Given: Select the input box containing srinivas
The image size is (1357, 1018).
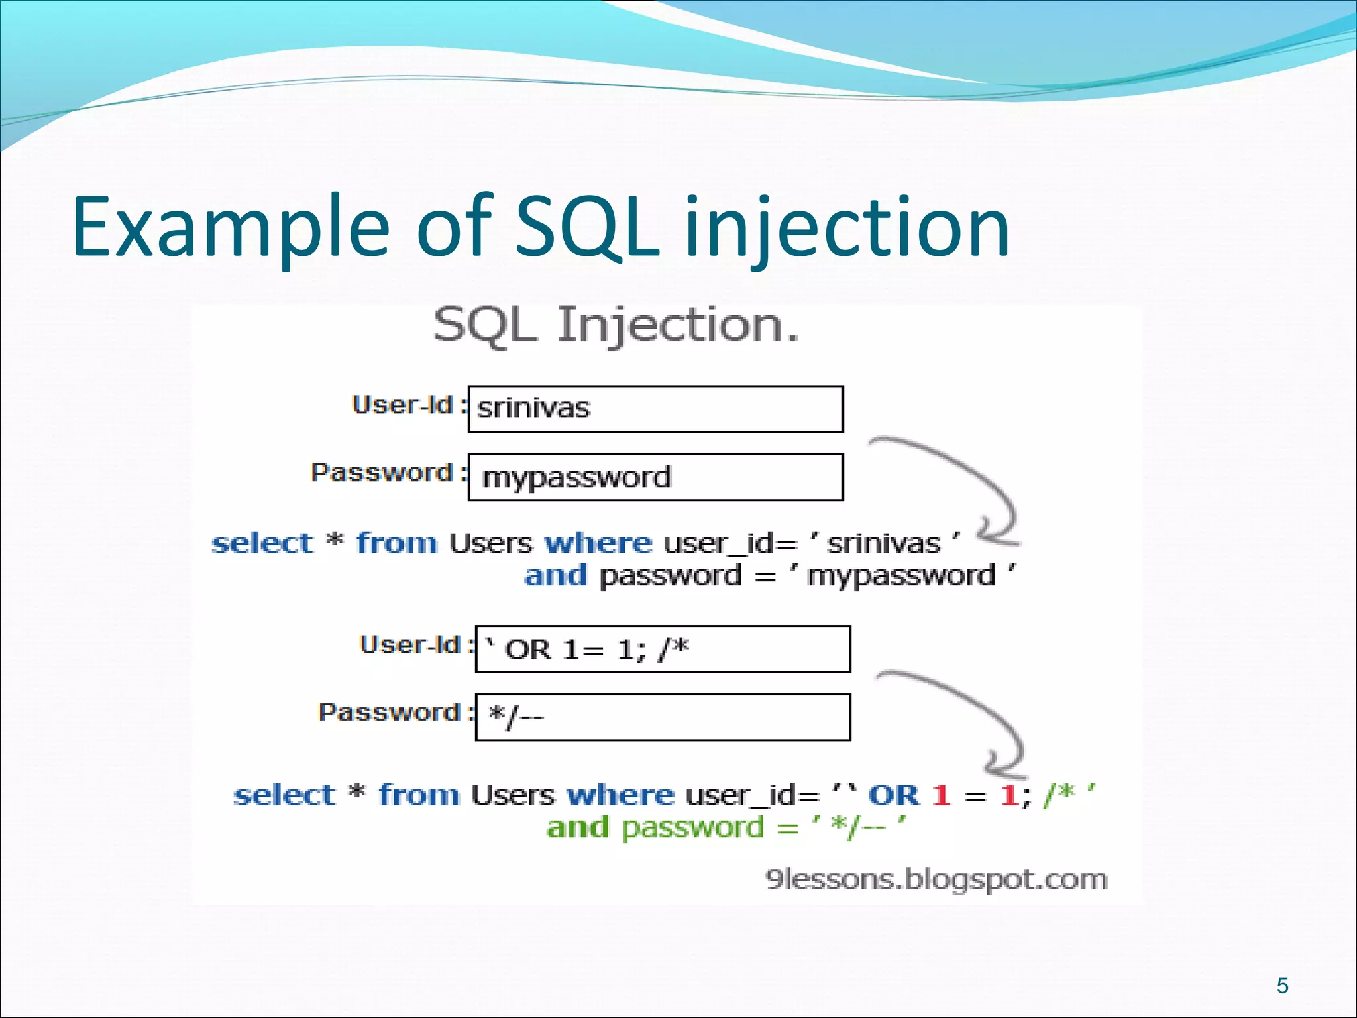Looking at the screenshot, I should (x=655, y=409).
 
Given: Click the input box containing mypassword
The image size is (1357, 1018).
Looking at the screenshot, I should (x=655, y=477).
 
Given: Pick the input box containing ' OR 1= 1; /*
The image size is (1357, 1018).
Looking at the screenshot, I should (x=663, y=649).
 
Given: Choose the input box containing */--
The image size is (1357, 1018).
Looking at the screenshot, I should (x=663, y=717).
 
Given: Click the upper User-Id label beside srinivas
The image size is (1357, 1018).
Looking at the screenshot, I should (x=402, y=405).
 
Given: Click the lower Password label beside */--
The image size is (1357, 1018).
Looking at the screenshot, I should (x=390, y=712).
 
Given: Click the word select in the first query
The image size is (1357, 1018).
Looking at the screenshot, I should (x=262, y=543).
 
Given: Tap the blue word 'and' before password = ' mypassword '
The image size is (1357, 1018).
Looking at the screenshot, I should (x=555, y=575).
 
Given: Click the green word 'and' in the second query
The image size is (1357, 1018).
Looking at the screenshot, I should (x=577, y=828).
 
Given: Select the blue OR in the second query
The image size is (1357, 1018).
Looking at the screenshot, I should (x=893, y=795).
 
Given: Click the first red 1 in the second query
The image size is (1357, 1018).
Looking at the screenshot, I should (x=941, y=795).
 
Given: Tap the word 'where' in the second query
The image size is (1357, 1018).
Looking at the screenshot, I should (x=620, y=795).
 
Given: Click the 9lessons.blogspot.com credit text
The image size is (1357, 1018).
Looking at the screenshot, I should (x=936, y=879).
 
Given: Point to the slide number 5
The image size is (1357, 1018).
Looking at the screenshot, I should (x=1282, y=986).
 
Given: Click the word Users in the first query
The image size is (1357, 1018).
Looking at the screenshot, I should (x=490, y=543).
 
